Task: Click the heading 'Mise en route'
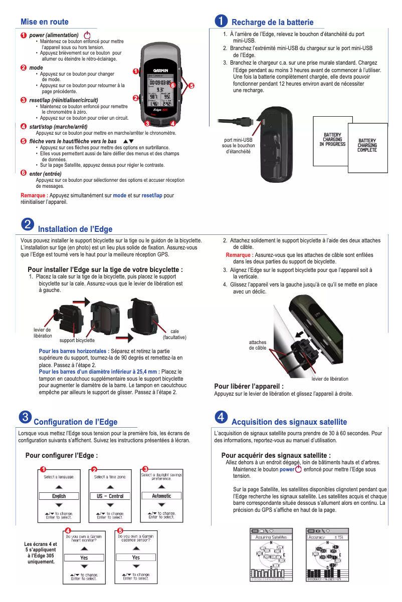45,22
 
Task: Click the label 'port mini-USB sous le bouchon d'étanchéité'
239,145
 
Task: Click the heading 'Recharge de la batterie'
272,22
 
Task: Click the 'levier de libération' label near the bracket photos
42,333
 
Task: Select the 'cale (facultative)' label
174,334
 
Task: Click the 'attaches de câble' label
258,345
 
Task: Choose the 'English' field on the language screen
59,496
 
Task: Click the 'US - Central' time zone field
110,496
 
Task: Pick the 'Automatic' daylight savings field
161,496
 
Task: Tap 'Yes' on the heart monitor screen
84,557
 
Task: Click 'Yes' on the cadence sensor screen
136,557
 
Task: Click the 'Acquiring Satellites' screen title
271,537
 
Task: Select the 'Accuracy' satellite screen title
317,537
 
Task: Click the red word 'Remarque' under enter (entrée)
34,195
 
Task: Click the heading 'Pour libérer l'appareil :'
249,386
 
